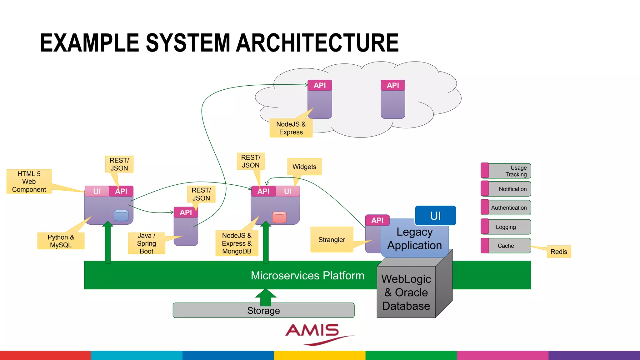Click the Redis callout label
(559, 252)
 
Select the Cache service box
(506, 246)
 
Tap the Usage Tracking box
(506, 171)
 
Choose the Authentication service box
(506, 208)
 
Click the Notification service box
(506, 189)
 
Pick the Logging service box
(506, 227)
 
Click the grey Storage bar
(263, 311)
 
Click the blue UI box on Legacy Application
(435, 216)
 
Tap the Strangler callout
(332, 240)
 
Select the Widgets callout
(304, 167)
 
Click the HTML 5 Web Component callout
(29, 182)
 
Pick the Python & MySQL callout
(61, 241)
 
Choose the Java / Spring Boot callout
(146, 243)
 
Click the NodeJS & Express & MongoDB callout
(237, 243)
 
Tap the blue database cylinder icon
(121, 215)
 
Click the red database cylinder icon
(279, 217)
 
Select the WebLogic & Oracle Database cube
(406, 292)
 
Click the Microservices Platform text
(307, 276)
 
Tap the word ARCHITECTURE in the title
(317, 43)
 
